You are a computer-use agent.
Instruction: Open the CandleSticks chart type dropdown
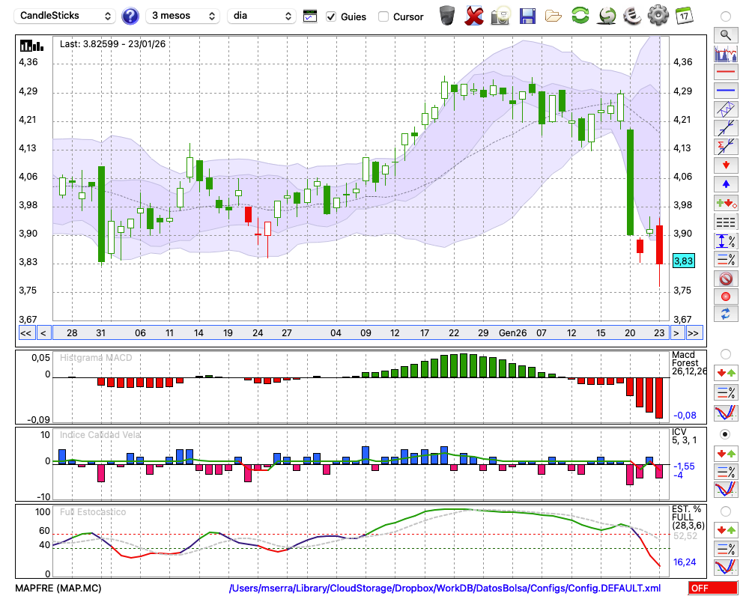click(65, 16)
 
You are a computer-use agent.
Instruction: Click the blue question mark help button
click(130, 16)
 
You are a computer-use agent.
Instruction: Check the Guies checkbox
click(331, 16)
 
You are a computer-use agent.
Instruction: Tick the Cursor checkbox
click(383, 16)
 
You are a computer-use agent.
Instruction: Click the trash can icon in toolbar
click(447, 15)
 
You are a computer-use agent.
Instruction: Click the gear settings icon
click(658, 15)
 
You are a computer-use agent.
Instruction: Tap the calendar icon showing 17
click(684, 15)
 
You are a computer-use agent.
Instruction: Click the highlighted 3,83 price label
click(683, 261)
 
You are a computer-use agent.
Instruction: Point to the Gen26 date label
click(513, 332)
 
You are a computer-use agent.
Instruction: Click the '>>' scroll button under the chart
click(694, 333)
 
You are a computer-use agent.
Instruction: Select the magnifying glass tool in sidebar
click(725, 34)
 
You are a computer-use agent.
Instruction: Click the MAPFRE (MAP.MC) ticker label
click(58, 588)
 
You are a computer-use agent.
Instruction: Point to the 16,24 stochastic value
click(685, 562)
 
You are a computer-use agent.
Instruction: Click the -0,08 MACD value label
click(685, 415)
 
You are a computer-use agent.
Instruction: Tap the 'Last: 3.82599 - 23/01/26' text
click(113, 44)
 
